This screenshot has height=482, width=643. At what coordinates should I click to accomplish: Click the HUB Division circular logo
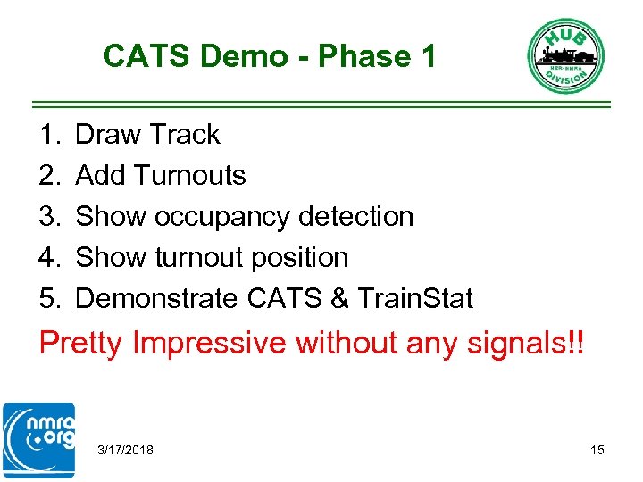pyautogui.click(x=565, y=55)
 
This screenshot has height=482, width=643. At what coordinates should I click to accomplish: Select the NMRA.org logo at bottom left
pyautogui.click(x=38, y=441)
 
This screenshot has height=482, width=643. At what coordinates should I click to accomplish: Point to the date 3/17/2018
pyautogui.click(x=125, y=450)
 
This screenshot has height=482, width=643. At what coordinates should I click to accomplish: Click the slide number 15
pyautogui.click(x=597, y=450)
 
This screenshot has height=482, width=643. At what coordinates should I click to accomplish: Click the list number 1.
pyautogui.click(x=48, y=135)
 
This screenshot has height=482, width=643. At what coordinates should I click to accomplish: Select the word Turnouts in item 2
pyautogui.click(x=189, y=176)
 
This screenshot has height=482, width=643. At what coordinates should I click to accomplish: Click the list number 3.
pyautogui.click(x=48, y=217)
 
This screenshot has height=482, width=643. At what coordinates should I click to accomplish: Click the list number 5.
pyautogui.click(x=48, y=299)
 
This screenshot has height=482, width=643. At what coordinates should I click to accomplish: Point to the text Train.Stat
pyautogui.click(x=414, y=299)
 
